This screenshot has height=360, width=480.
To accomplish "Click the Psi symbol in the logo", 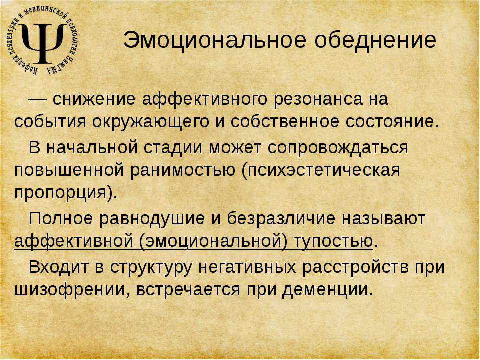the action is coord(43,43).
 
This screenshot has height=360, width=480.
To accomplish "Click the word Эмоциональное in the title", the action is coord(214,40).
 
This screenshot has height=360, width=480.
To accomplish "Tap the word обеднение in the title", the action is coord(375,40).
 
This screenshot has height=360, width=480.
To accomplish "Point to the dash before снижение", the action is coord(37,99).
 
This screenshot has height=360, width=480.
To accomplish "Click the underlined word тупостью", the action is coord(333,241).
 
